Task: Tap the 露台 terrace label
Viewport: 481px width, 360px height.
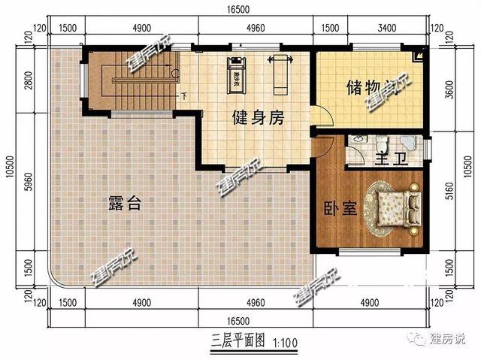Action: [125, 202]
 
